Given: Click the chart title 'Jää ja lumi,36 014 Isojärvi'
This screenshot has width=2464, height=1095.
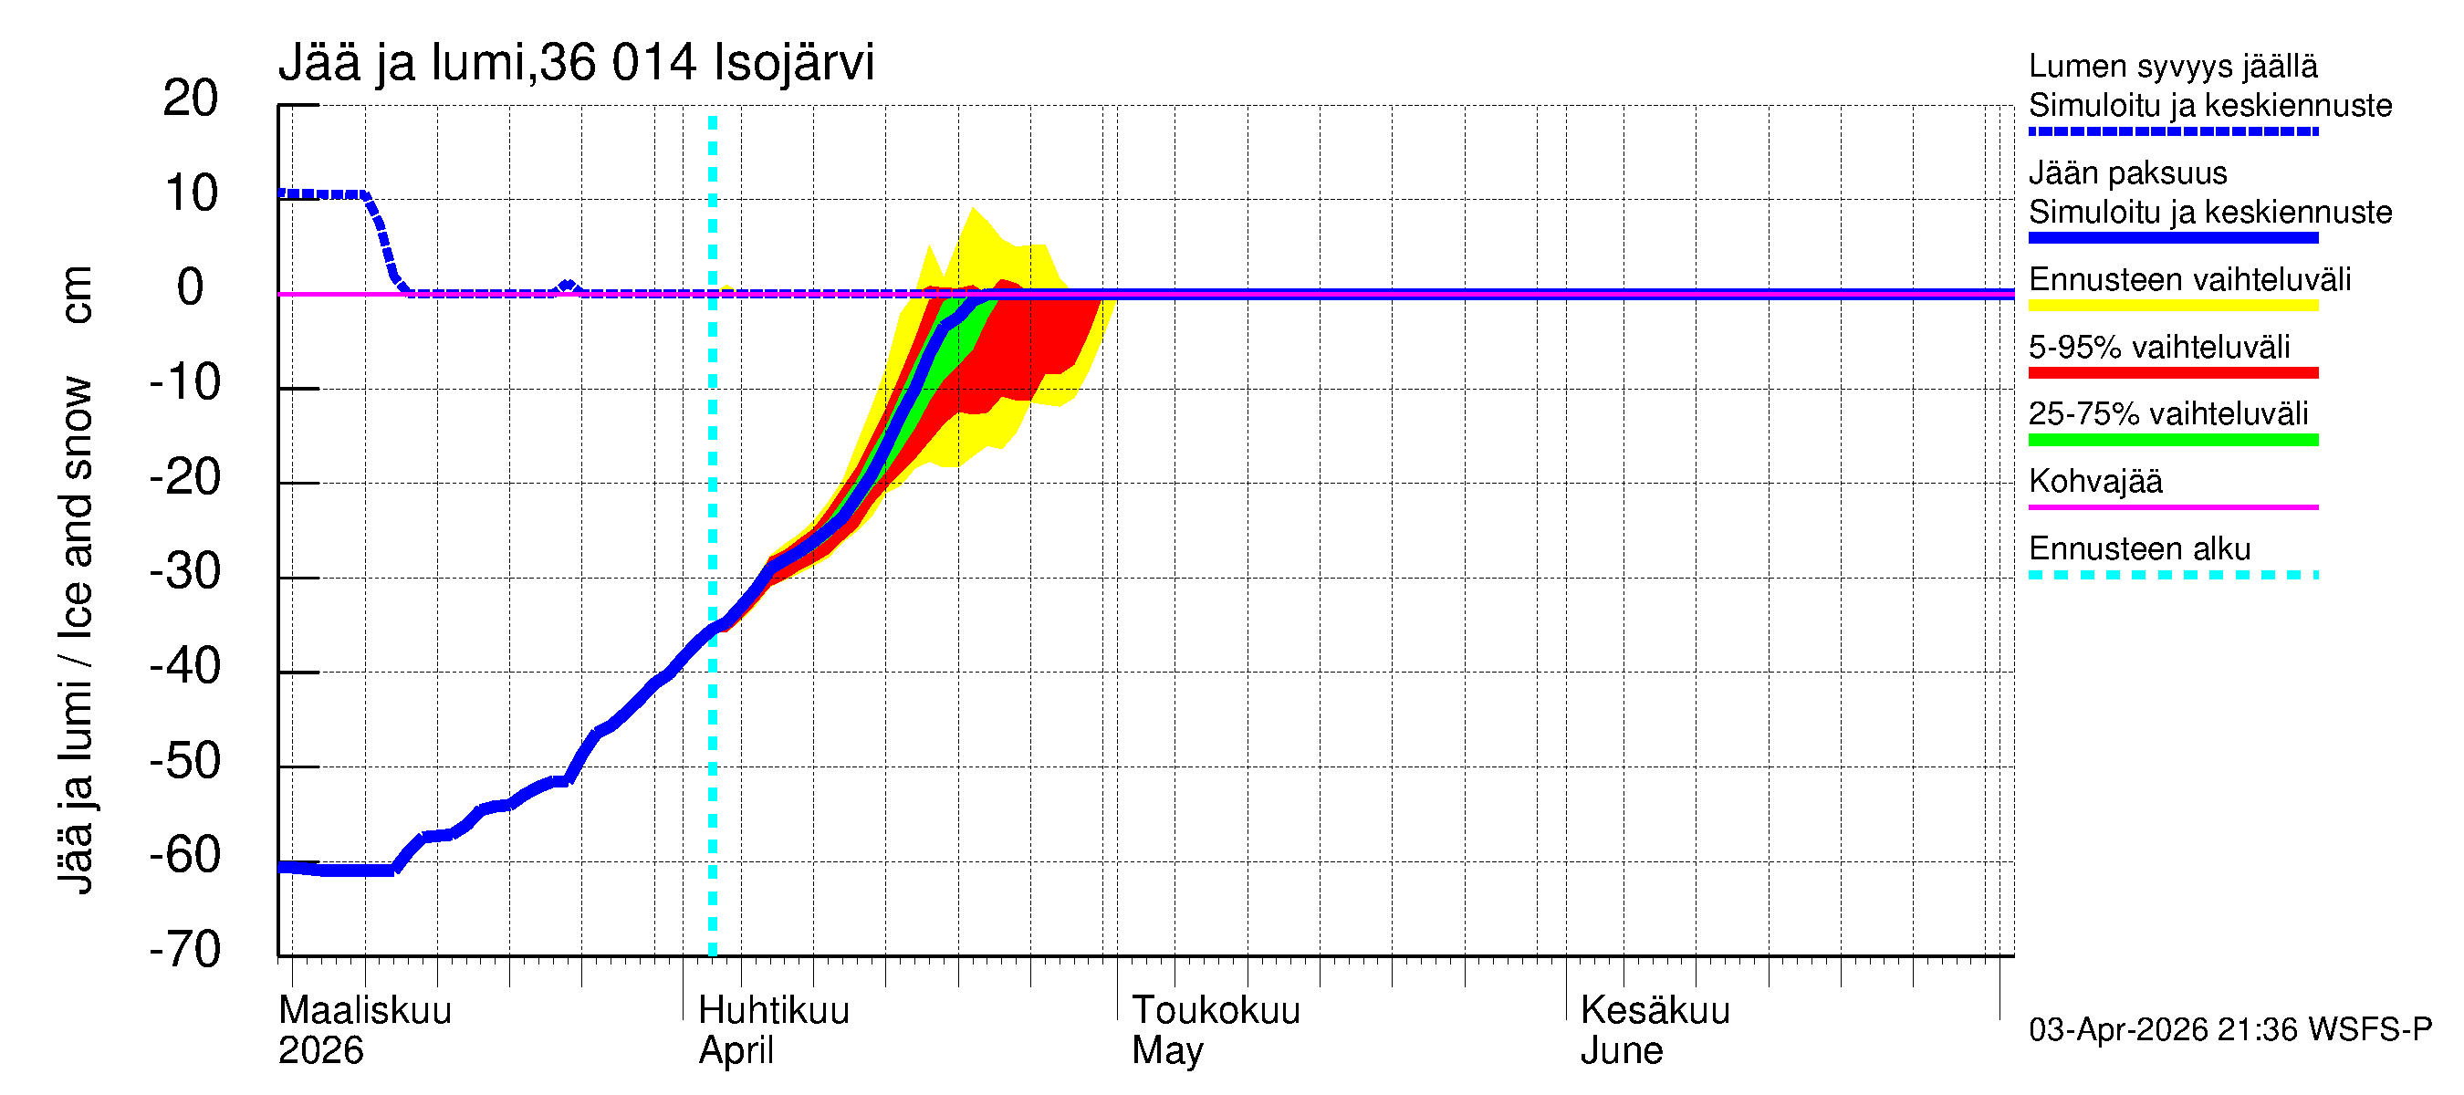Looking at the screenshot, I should [576, 63].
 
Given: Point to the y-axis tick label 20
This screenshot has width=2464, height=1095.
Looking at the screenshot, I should [191, 99].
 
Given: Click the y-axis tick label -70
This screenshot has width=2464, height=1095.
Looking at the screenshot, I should [185, 950].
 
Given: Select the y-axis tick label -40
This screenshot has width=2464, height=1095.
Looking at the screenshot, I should [185, 666].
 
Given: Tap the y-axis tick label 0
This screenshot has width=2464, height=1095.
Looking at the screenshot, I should [191, 287].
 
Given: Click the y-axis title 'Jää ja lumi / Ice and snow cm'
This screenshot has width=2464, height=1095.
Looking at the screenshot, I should [76, 579].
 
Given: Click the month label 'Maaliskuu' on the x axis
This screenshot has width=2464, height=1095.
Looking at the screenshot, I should [364, 1010].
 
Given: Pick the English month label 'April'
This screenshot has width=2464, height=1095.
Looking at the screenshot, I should [736, 1050].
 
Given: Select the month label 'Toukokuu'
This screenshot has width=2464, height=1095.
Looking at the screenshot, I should [1216, 1010].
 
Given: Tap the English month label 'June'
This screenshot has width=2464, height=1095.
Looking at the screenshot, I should [1622, 1050].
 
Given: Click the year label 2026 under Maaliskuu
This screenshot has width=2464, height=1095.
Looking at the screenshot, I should [320, 1050].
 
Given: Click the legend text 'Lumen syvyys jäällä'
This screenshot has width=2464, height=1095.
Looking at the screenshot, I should [2173, 66].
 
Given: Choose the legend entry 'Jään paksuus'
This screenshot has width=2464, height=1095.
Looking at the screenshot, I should [2128, 173].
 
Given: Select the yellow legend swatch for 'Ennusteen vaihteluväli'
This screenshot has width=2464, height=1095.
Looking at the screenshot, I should [2173, 306].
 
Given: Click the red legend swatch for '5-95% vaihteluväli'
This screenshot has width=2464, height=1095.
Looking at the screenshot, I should [2173, 373].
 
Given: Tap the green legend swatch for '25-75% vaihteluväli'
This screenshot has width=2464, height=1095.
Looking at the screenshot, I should [2173, 440].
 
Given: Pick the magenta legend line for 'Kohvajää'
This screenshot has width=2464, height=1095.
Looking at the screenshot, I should [2173, 506].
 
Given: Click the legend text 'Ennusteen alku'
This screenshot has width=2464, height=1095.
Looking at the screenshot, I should [2140, 549].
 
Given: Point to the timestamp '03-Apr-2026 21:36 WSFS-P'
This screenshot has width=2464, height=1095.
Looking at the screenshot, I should [2229, 1029].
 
